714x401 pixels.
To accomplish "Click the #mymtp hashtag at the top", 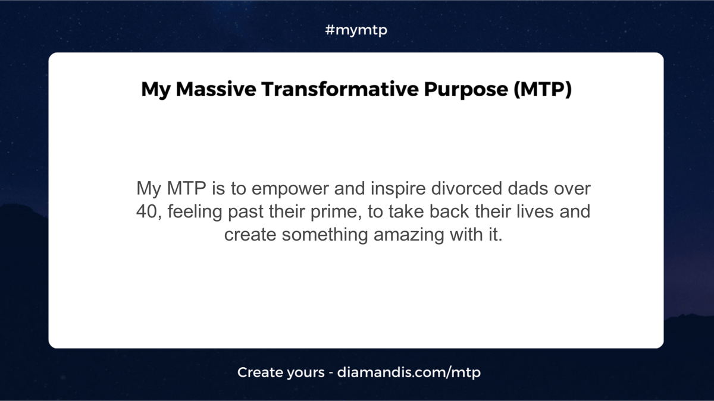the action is [x=356, y=30].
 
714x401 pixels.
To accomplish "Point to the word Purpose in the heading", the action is [x=466, y=90].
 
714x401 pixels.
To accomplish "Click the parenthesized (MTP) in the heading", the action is [x=543, y=89].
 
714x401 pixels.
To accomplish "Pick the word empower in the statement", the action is [x=290, y=189].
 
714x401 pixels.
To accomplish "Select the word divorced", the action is [x=466, y=188].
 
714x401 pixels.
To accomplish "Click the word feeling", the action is [x=195, y=212].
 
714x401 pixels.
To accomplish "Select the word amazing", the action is [x=409, y=235].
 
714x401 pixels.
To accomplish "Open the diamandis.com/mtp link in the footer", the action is [x=409, y=372].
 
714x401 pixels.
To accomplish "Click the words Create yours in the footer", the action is [x=281, y=373].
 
